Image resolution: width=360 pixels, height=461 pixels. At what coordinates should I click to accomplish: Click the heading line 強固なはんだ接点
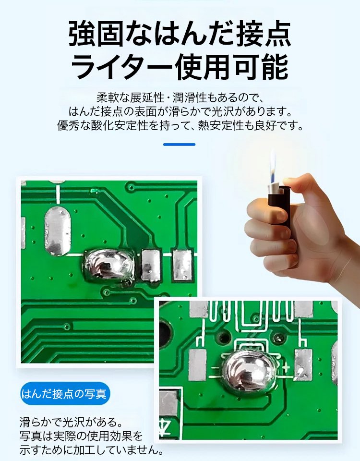coord(180,34)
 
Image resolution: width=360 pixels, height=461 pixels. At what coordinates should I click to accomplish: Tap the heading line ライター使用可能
coord(180,67)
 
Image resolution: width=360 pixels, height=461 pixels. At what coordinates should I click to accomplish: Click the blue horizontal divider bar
coord(179,144)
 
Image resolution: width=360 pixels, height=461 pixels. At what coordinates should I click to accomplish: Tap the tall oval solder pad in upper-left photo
coord(58,230)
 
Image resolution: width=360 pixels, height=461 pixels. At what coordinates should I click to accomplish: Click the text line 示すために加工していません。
coord(91,450)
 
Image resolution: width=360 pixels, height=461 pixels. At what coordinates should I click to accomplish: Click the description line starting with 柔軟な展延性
coord(180,98)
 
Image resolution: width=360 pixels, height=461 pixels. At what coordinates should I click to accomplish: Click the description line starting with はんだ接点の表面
coord(180,112)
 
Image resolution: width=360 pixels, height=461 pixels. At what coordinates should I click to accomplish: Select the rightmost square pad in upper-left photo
coord(183,265)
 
